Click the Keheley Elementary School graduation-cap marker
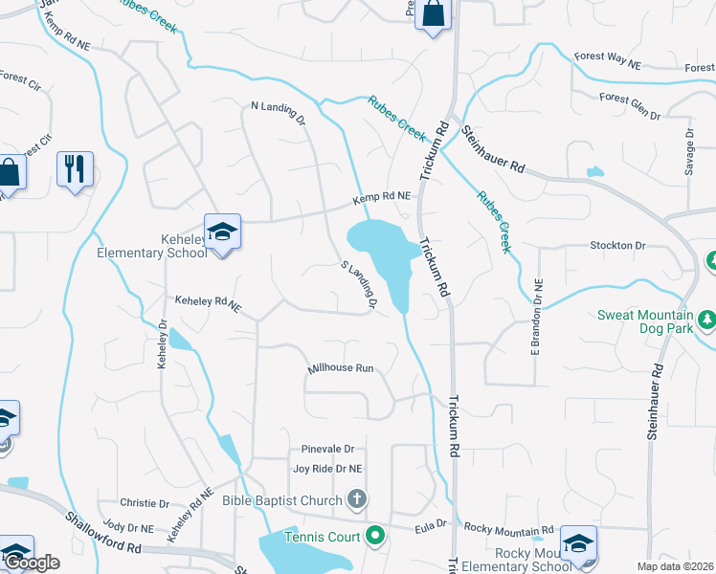(222, 232)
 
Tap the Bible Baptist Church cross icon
(356, 499)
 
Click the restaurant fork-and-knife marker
(74, 170)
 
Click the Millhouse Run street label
(340, 368)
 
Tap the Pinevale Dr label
(327, 449)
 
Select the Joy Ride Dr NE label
(327, 469)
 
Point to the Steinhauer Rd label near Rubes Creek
(493, 150)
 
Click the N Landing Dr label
(277, 115)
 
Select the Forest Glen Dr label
(629, 105)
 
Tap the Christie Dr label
(145, 503)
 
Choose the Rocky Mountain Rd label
(508, 529)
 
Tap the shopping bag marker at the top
(433, 15)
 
